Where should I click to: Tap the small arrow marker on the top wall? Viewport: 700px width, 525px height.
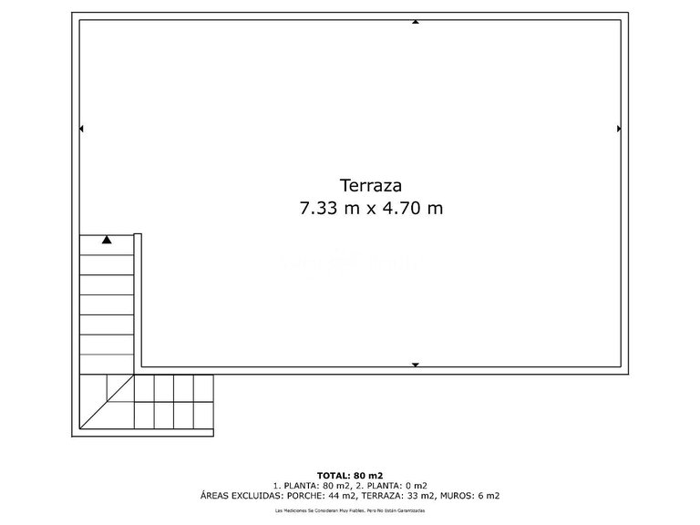416,21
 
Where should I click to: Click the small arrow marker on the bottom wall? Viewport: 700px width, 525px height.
416,365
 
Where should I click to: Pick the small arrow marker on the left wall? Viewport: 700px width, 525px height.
82,129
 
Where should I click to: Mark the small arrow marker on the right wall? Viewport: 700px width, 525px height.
619,129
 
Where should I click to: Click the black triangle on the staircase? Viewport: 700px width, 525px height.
107,241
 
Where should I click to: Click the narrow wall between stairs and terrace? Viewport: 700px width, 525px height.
139,301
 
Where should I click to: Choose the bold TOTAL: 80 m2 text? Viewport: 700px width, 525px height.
349,475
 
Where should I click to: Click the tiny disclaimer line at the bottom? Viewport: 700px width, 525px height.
349,511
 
